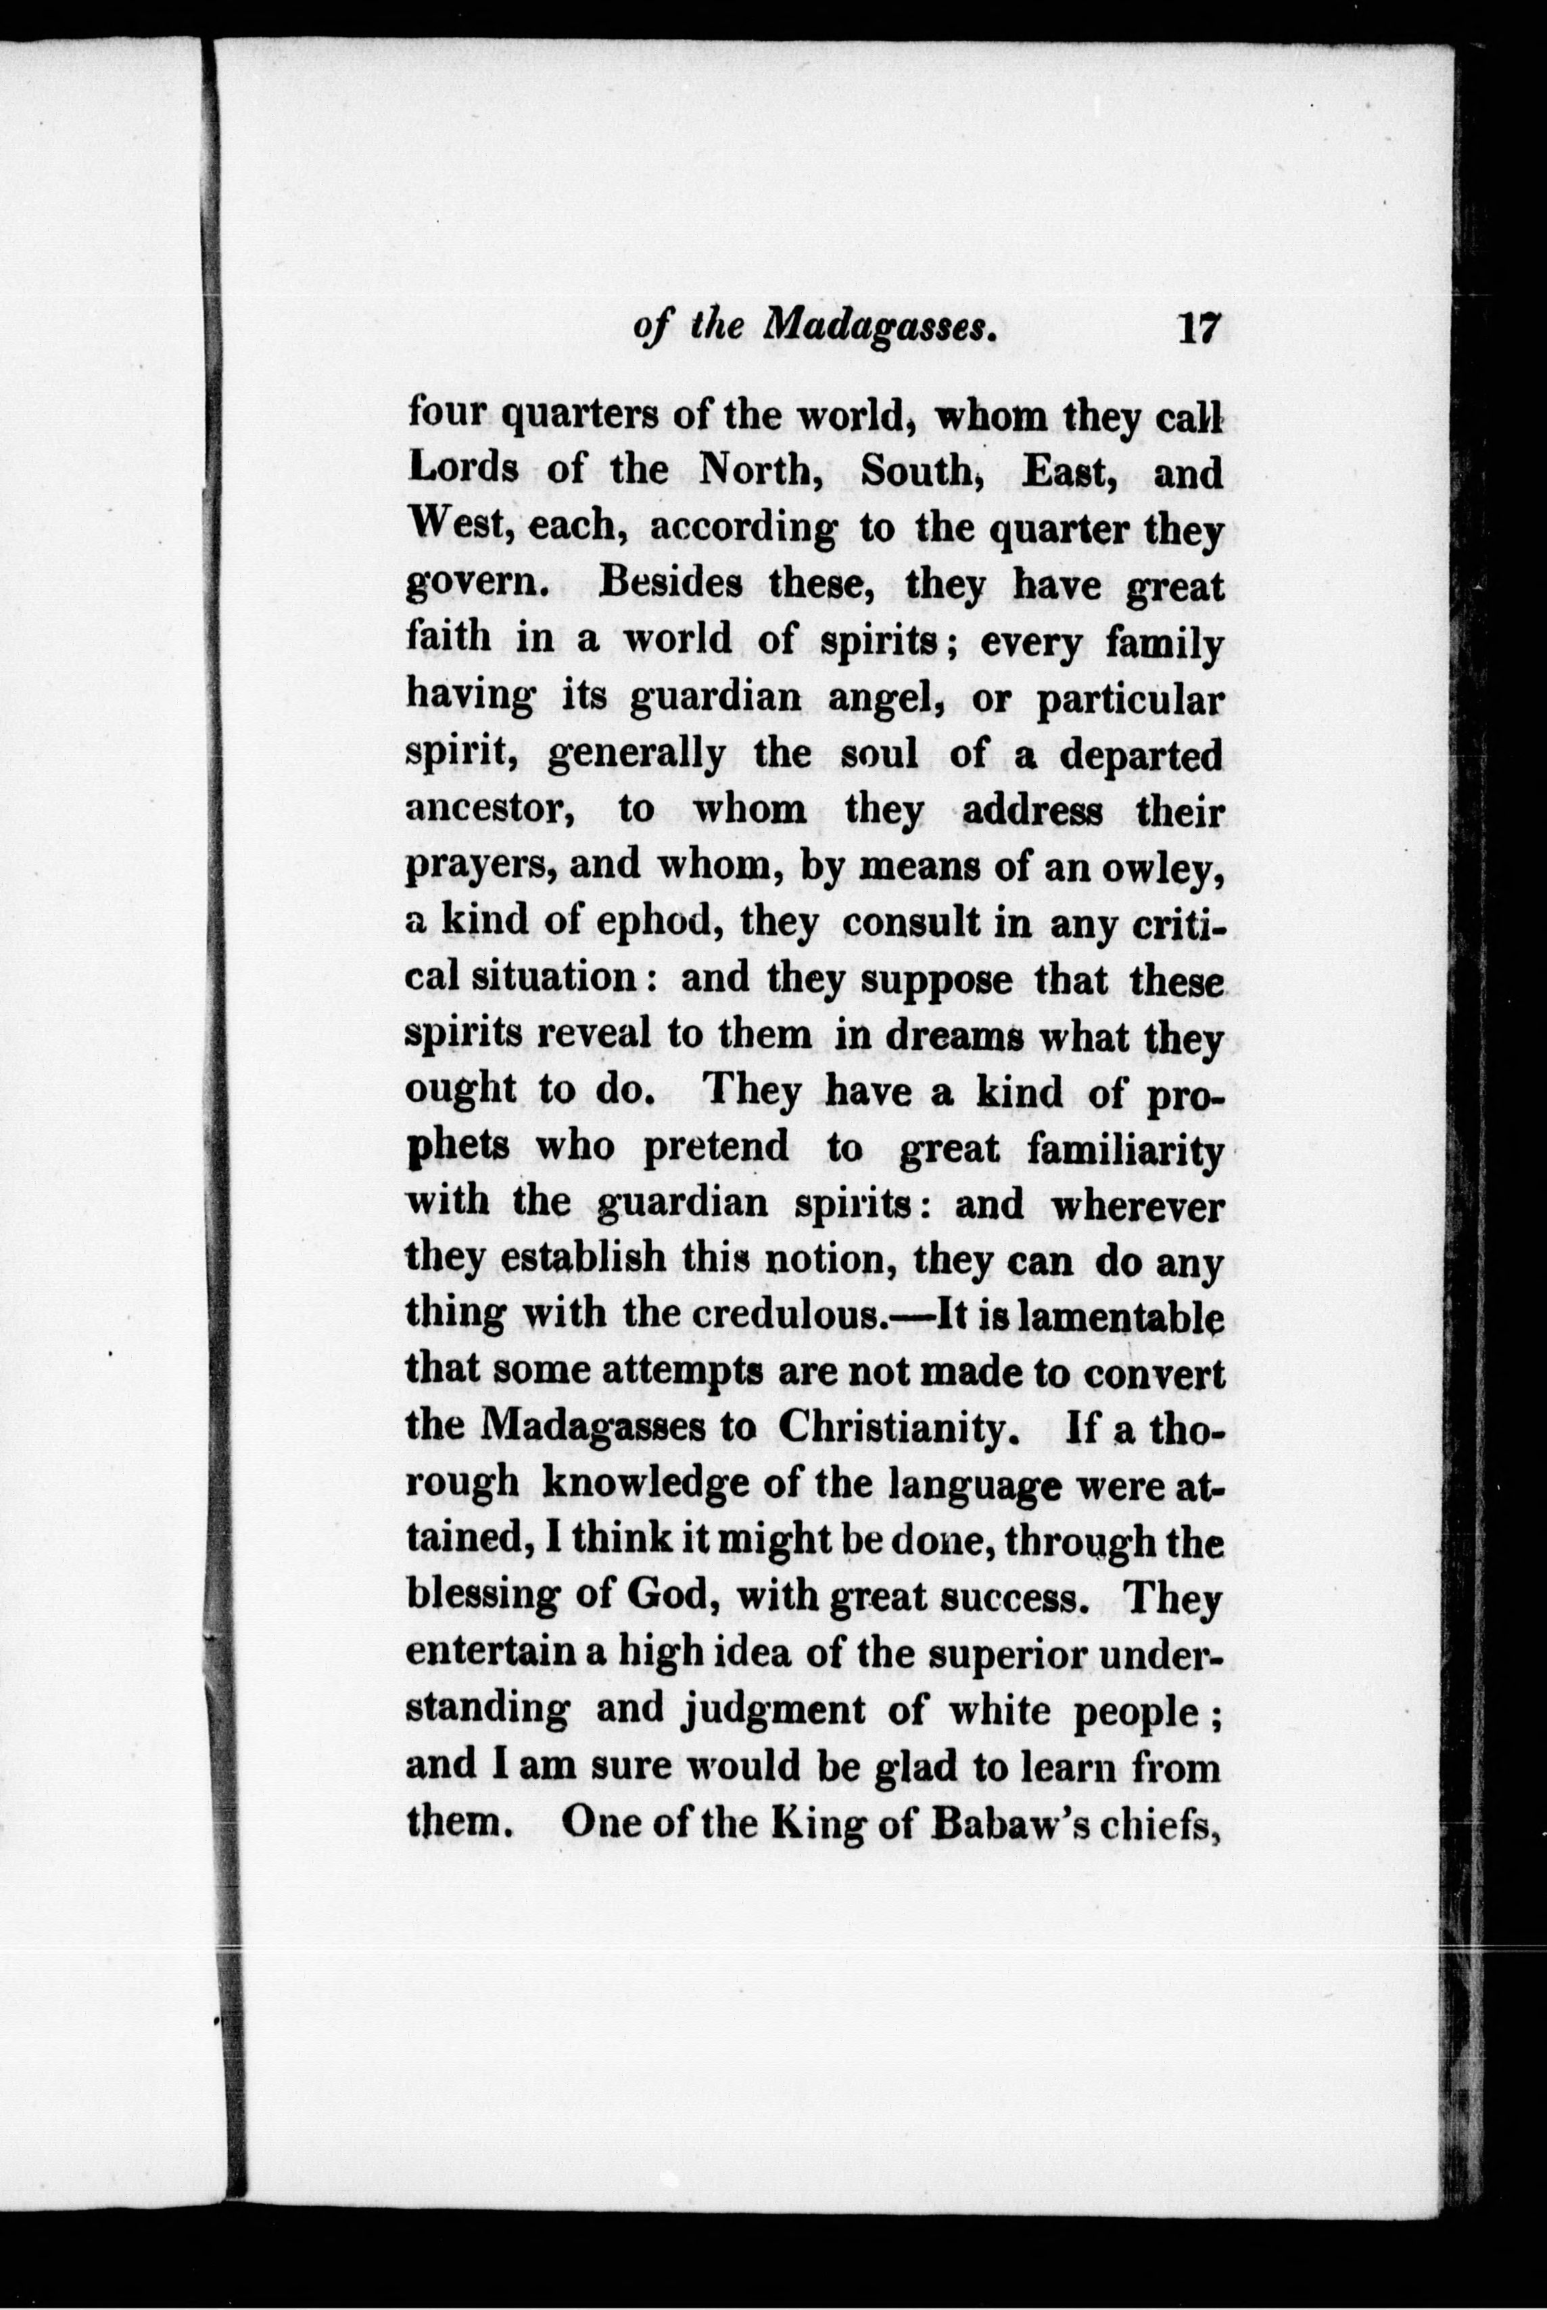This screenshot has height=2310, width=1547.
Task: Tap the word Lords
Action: (x=462, y=469)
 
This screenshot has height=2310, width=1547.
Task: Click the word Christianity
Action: (x=897, y=1428)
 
